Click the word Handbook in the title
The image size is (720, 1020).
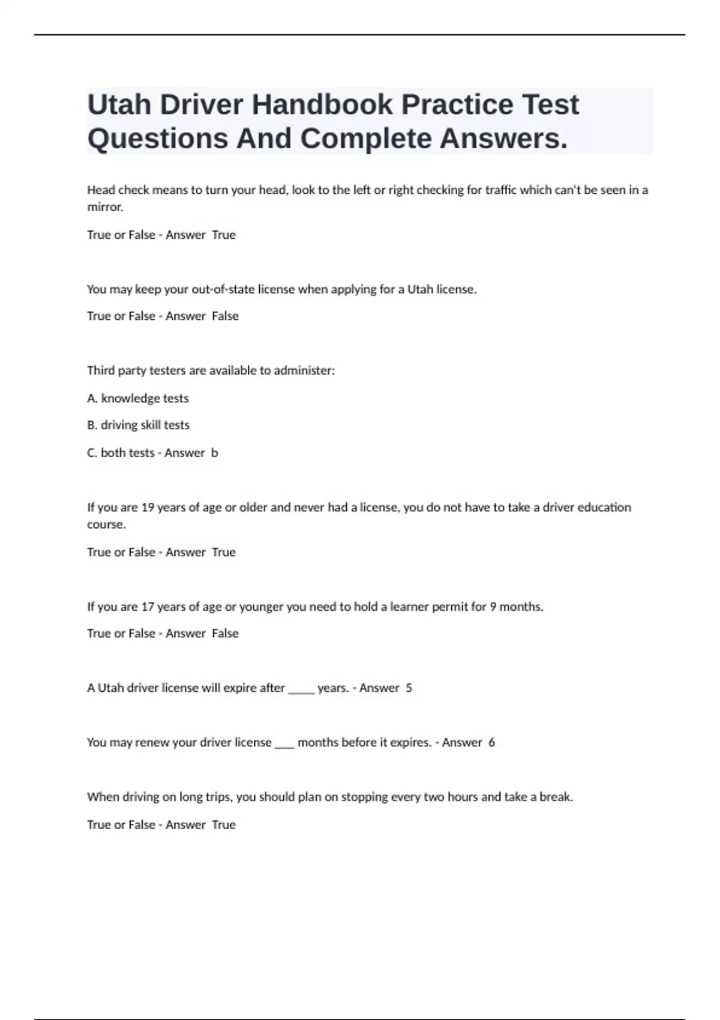321,105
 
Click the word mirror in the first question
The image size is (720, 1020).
104,208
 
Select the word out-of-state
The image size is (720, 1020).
223,289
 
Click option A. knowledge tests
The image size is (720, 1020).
138,398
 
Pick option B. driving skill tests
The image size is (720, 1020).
138,425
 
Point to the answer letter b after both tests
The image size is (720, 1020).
215,453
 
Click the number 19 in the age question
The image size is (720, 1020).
148,508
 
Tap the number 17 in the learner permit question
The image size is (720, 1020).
148,607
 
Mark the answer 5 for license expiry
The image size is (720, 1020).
409,688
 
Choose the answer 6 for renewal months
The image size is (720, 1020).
492,743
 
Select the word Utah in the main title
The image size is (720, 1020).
119,105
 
